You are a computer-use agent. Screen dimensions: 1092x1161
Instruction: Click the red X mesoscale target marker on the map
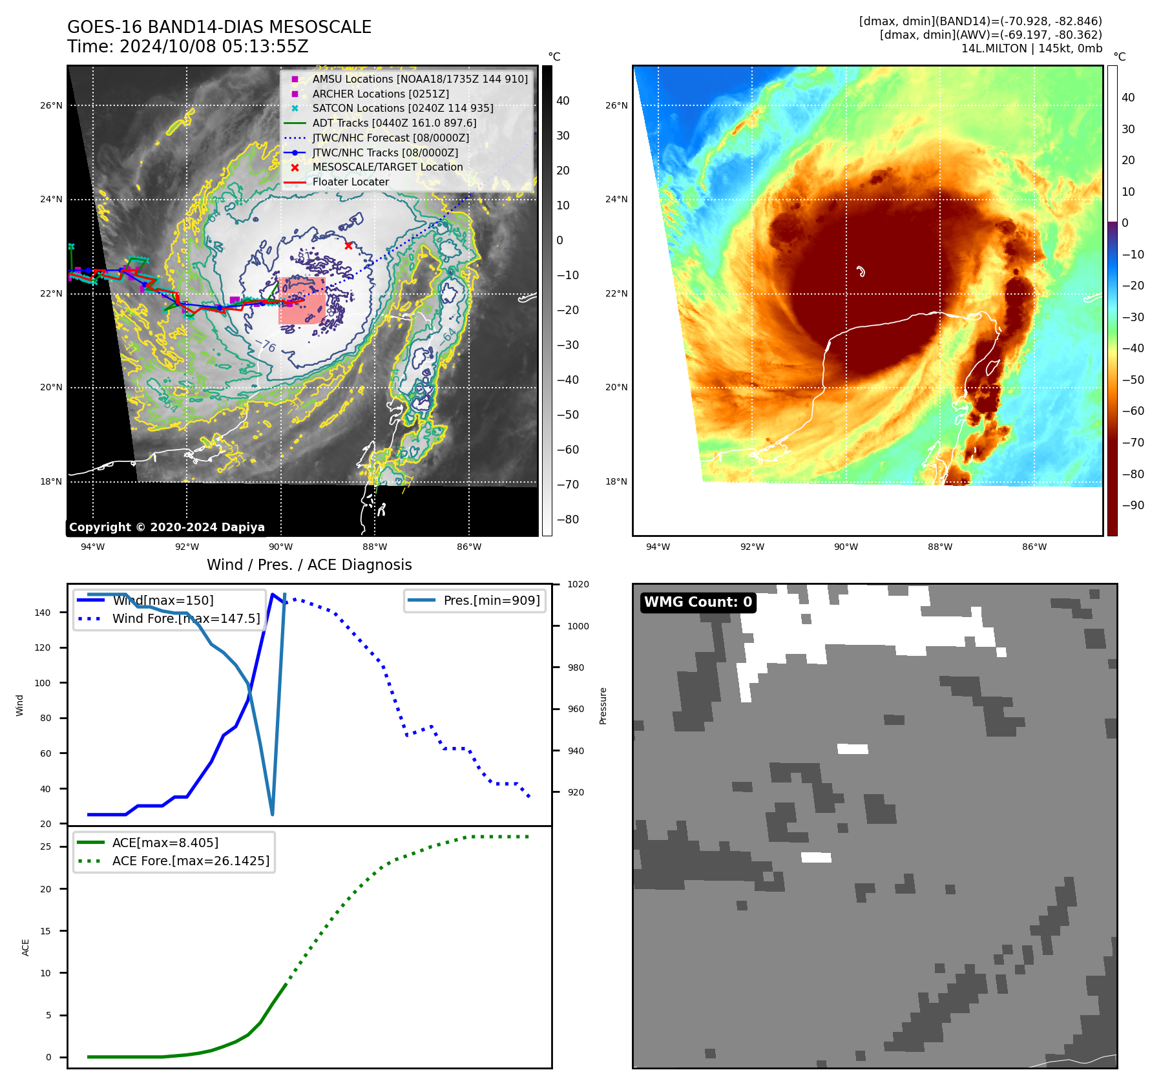[348, 246]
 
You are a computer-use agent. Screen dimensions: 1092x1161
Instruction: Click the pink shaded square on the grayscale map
[302, 300]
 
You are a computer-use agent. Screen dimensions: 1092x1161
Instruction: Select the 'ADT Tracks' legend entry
[394, 123]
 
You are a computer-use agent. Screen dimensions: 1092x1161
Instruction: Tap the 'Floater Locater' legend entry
[350, 182]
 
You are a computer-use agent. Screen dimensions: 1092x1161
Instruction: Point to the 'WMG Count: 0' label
[698, 602]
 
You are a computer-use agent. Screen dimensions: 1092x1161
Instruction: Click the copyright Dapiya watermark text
[167, 527]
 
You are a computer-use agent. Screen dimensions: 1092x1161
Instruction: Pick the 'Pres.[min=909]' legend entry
[491, 600]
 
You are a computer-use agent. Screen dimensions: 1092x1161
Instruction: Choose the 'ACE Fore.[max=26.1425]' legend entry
[191, 861]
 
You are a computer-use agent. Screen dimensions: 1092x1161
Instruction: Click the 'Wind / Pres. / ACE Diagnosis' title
[309, 565]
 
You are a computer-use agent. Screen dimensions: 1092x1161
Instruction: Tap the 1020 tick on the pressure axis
[578, 584]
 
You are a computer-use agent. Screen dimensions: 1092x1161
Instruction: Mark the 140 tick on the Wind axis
[43, 613]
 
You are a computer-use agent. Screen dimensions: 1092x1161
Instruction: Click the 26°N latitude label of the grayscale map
[52, 105]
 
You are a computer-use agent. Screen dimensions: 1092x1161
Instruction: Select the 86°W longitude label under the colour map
[1034, 547]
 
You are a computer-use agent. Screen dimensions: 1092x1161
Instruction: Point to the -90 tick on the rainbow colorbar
[1133, 505]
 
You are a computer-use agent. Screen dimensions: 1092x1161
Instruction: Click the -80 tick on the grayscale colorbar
[568, 520]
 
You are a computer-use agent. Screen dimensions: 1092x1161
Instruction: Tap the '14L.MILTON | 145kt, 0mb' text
[1031, 48]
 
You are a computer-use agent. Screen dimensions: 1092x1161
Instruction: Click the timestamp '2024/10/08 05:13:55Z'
[214, 47]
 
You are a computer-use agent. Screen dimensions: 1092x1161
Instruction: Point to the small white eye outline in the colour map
[861, 271]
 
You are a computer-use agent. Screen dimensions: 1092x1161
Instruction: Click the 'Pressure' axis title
[603, 706]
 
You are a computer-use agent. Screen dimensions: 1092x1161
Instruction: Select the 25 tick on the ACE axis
[46, 846]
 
